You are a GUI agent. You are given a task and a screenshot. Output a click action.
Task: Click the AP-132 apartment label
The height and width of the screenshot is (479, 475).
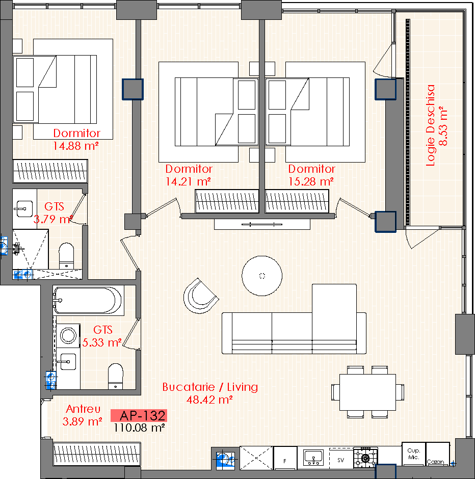142,415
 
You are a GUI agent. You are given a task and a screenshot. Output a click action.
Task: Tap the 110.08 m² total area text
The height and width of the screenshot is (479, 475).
139,428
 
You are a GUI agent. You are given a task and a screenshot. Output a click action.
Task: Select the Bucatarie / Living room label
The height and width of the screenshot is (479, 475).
210,387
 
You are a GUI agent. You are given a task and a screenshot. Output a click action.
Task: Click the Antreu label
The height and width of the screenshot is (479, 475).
83,409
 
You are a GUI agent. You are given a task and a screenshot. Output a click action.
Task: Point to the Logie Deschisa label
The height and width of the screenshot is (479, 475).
430,125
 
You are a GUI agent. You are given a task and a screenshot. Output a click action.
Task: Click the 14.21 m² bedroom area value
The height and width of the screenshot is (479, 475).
188,182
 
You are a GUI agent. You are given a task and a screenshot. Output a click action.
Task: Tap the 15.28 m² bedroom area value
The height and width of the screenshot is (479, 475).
311,182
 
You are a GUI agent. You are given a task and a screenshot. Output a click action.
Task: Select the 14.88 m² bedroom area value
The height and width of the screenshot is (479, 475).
76,146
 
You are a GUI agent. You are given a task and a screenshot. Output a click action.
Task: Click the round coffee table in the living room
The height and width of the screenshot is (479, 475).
262,276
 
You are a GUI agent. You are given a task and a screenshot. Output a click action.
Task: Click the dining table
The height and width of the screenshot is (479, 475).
367,392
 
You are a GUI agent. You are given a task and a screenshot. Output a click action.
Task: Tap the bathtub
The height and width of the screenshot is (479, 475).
88,301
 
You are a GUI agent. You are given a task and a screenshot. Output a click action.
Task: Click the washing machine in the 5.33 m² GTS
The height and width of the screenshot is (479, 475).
68,335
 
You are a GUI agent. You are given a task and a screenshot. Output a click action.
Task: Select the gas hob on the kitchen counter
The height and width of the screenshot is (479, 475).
365,458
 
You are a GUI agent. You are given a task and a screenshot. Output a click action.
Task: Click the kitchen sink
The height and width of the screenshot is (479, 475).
313,458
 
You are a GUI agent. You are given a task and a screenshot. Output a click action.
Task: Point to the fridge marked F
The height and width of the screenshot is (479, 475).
285,458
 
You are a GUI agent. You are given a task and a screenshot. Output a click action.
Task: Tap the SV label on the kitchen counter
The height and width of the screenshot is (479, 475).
340,460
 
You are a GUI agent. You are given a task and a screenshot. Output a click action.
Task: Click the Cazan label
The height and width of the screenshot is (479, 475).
435,462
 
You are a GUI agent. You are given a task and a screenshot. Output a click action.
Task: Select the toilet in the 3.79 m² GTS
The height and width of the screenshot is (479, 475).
66,256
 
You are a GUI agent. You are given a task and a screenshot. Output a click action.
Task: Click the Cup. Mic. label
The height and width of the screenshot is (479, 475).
414,454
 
